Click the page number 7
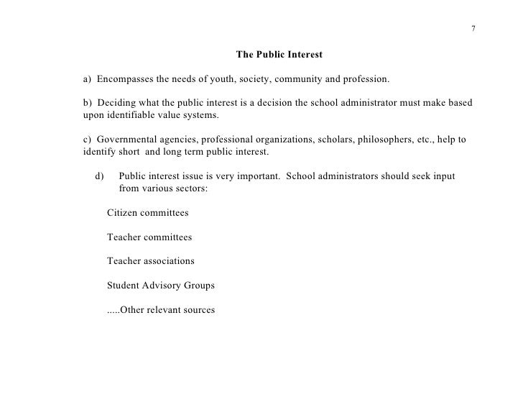[x=473, y=29]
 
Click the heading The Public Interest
[x=279, y=54]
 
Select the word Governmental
[x=129, y=140]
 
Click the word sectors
[x=191, y=188]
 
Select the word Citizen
[x=124, y=213]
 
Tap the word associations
[x=168, y=261]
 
